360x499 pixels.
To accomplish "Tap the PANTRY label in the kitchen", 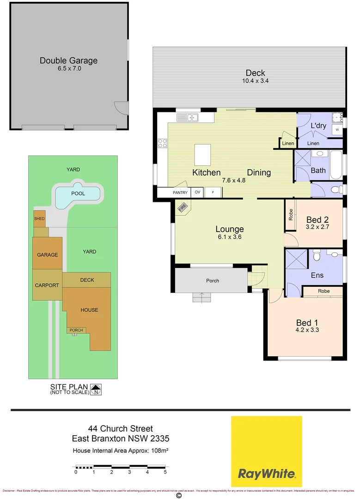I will [180, 192].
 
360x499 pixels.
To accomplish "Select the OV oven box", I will [197, 192].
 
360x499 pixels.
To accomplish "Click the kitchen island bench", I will [202, 155].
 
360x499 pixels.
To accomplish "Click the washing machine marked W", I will [337, 130].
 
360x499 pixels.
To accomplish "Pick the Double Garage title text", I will [68, 61].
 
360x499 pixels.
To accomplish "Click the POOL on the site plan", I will [78, 194].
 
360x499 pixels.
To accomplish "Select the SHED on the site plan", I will [39, 219].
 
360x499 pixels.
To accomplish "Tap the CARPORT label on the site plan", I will [47, 285].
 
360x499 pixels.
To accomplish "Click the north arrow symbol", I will [96, 389].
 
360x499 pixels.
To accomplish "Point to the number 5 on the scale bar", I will [165, 472].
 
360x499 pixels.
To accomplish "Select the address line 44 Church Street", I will [120, 429].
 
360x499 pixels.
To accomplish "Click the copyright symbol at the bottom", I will [179, 496].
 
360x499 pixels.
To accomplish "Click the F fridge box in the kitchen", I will [213, 192].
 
